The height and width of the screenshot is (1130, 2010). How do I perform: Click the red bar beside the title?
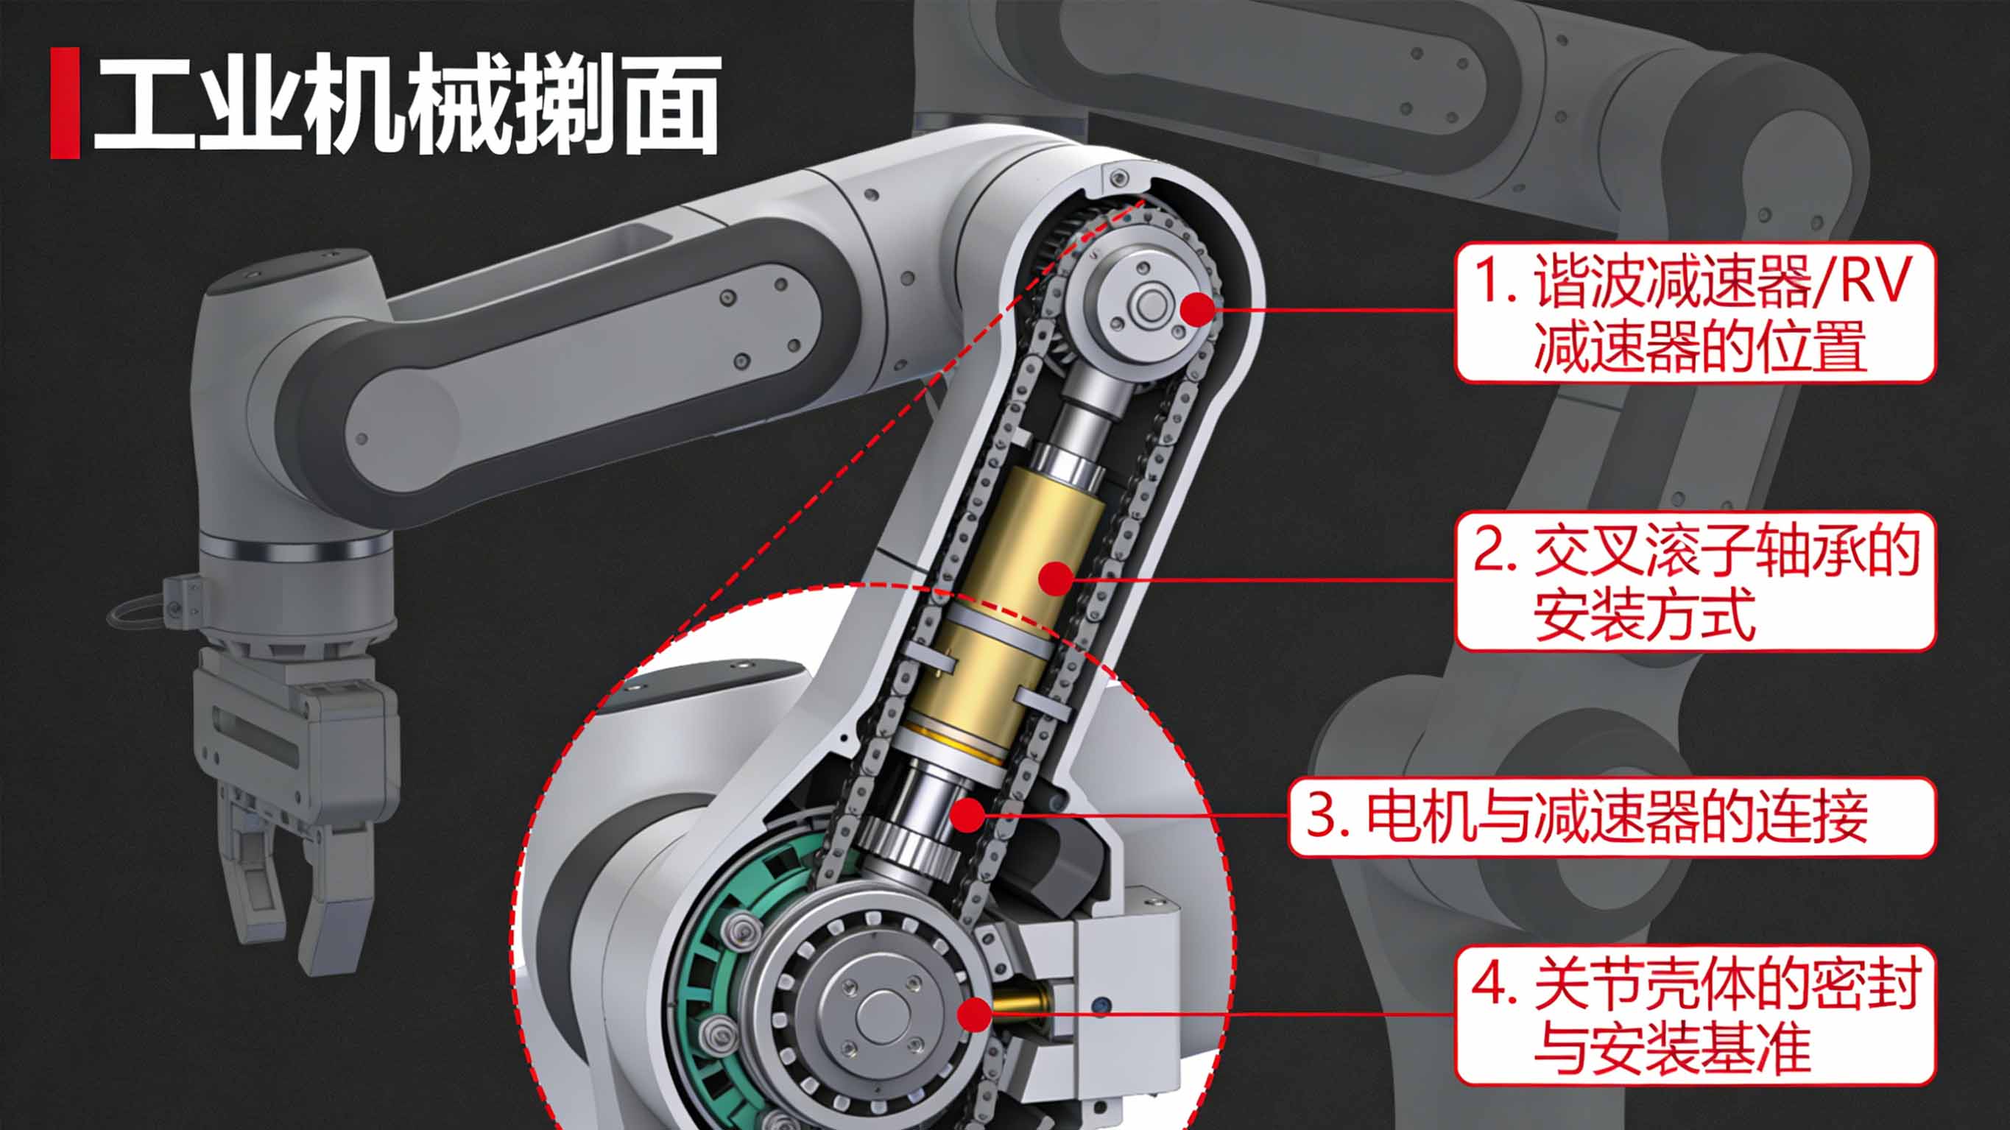(x=65, y=103)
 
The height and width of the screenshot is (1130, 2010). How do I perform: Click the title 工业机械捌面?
(x=406, y=104)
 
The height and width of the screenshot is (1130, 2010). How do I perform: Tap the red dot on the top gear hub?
(x=1198, y=309)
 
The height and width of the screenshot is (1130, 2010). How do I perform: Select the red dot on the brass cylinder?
(x=1057, y=579)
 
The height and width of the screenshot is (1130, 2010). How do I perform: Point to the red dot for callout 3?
(x=969, y=815)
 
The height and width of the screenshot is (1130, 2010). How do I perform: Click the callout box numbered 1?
(x=1695, y=312)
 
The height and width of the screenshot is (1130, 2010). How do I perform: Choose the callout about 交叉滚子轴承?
(x=1695, y=581)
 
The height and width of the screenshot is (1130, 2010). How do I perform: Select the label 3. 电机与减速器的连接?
(x=1610, y=816)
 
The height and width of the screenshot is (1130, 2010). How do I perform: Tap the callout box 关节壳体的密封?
(x=1695, y=1014)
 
